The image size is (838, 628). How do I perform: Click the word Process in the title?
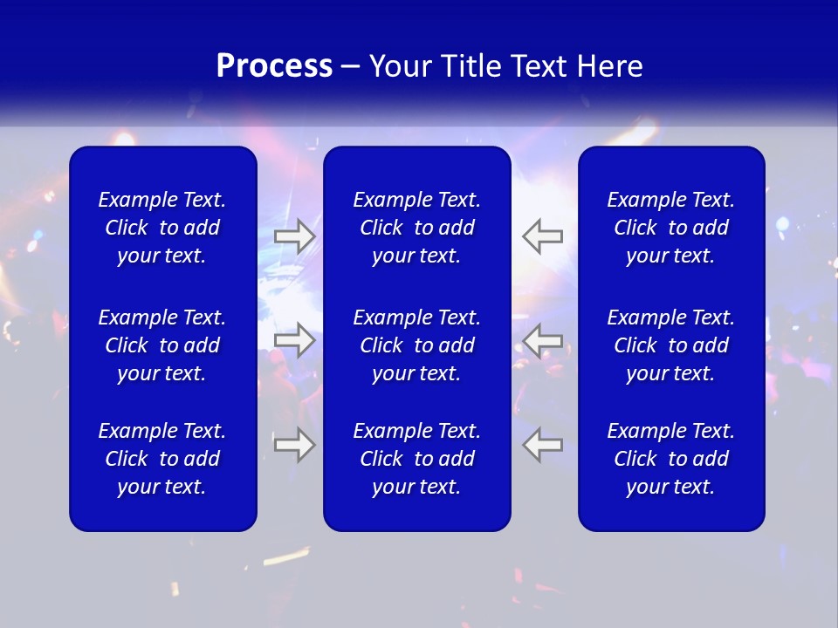click(x=274, y=66)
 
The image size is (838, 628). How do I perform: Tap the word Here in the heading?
click(x=609, y=66)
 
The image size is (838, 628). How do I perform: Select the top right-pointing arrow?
click(x=295, y=236)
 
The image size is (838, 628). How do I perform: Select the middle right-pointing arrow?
click(x=295, y=339)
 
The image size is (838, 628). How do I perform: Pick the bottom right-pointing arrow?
click(x=295, y=445)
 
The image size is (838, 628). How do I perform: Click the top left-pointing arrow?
click(x=543, y=236)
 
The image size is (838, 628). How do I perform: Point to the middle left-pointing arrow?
click(x=543, y=339)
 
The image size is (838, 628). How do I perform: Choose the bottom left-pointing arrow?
click(x=543, y=445)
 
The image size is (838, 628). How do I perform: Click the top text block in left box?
click(x=162, y=228)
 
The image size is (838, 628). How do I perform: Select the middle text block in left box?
click(x=162, y=345)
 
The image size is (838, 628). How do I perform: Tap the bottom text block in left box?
click(x=162, y=459)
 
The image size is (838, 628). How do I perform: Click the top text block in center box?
click(x=417, y=228)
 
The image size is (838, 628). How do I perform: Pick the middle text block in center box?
click(x=417, y=345)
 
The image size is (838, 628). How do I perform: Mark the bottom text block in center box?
click(x=417, y=459)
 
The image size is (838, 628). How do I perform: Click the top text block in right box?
click(x=671, y=228)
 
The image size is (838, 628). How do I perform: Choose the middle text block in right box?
click(x=671, y=345)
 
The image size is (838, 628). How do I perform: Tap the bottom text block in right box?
click(x=671, y=459)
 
